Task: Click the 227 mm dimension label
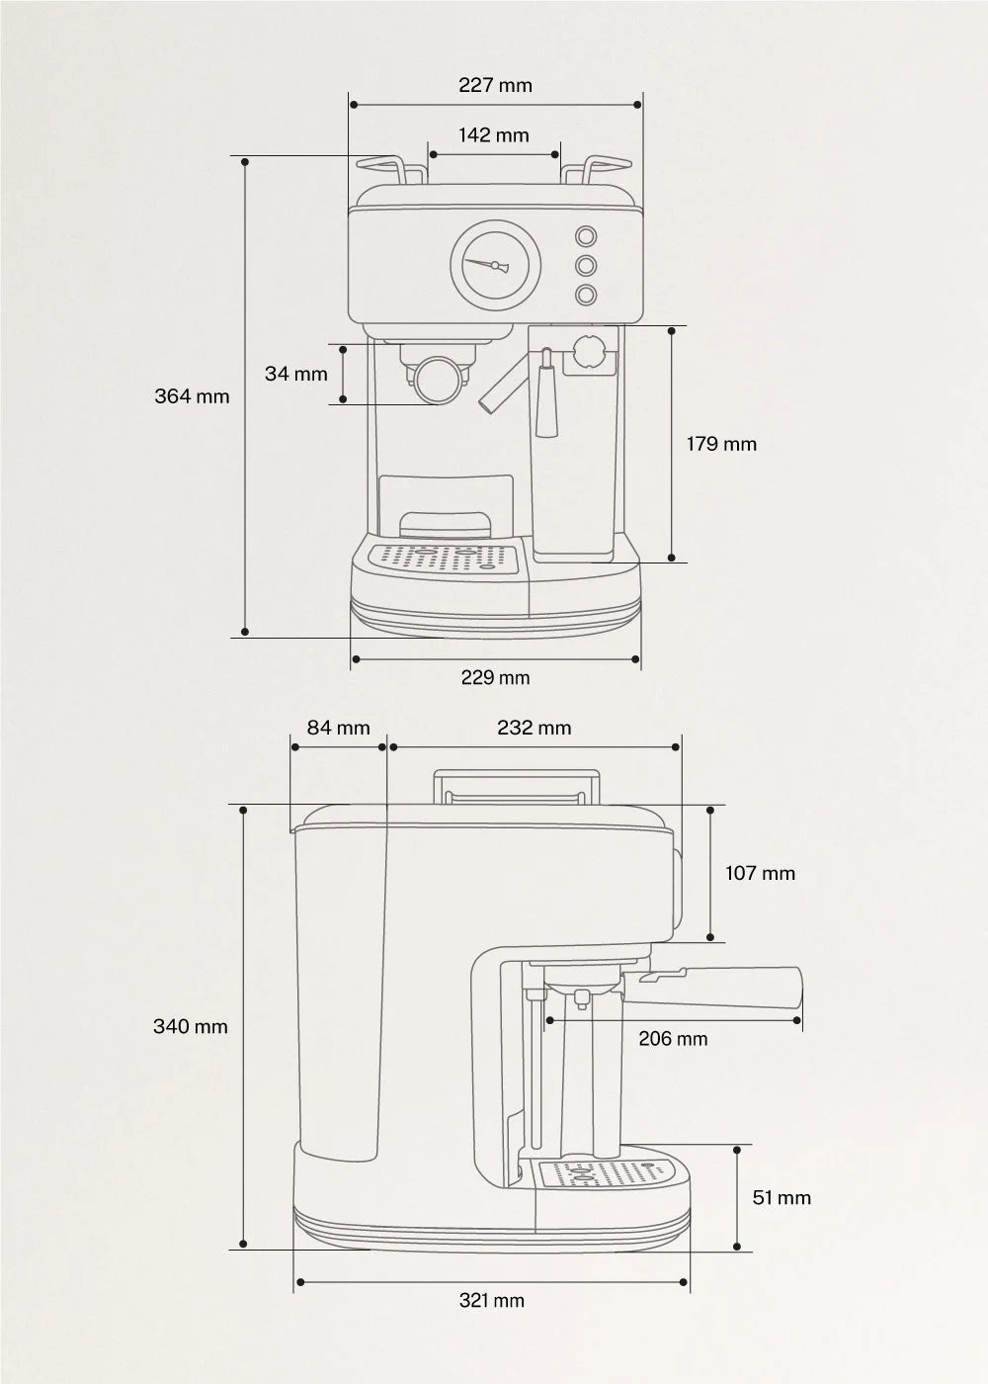[495, 85]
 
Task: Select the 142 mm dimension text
[493, 134]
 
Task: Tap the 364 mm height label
[192, 396]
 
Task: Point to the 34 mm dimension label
[295, 374]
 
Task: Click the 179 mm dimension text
[721, 444]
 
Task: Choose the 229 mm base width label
[495, 677]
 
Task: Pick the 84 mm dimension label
[338, 728]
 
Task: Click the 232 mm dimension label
[534, 728]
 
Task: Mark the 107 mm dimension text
[760, 873]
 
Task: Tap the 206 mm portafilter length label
[673, 1038]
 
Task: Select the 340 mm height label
[190, 1026]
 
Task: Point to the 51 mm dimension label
[781, 1197]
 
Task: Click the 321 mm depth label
[491, 1300]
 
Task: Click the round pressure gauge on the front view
[496, 264]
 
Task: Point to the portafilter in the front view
[438, 379]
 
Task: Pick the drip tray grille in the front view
[443, 558]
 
